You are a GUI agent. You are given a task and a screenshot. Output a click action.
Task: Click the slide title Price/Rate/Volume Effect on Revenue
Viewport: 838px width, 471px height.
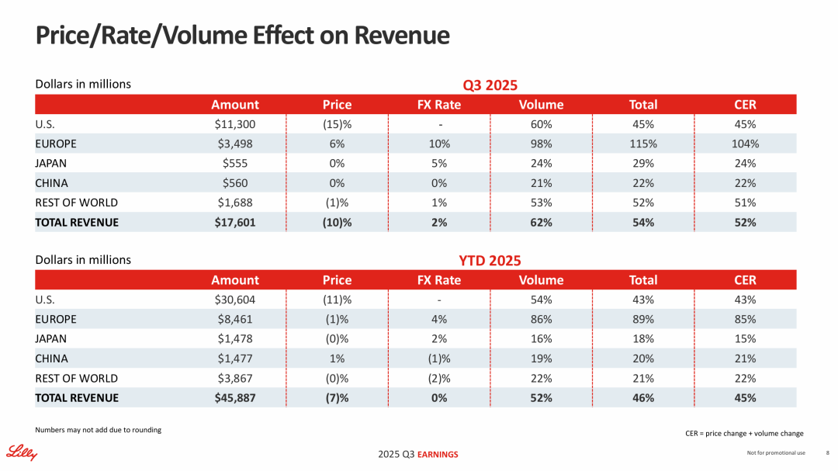(x=243, y=36)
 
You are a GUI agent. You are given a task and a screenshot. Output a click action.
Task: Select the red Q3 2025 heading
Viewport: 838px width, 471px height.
(x=490, y=85)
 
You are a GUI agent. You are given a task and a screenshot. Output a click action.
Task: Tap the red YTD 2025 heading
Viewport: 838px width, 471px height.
(x=490, y=261)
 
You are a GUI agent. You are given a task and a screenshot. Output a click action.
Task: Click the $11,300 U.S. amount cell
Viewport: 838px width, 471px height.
(x=234, y=124)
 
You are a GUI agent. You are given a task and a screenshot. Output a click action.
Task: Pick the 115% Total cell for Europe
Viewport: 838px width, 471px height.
(x=642, y=144)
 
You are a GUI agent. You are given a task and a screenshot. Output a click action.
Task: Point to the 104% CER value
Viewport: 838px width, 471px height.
(x=745, y=144)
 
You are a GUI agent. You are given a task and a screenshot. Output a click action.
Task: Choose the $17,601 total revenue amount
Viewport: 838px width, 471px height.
(x=234, y=222)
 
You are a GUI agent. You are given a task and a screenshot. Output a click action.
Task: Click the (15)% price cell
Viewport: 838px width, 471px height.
(x=337, y=124)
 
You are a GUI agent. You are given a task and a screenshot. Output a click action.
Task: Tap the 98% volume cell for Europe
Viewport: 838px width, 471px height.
(x=541, y=144)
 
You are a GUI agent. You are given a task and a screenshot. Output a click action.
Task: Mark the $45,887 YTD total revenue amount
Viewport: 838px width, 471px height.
(x=234, y=397)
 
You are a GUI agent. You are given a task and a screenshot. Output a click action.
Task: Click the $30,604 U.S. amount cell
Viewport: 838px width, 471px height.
(x=234, y=300)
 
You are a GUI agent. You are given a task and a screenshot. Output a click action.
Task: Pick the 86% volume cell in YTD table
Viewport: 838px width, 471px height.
(x=541, y=319)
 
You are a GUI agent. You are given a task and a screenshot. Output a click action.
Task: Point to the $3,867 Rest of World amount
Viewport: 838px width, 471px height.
(x=234, y=378)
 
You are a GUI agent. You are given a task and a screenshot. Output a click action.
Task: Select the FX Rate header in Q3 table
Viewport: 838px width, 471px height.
(x=439, y=105)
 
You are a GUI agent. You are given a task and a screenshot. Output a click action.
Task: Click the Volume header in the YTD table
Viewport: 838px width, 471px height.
(x=541, y=280)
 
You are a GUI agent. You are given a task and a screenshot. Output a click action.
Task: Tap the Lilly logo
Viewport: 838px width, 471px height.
(x=23, y=452)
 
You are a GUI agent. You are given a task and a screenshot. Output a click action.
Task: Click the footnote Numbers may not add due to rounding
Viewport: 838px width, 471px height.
(x=99, y=430)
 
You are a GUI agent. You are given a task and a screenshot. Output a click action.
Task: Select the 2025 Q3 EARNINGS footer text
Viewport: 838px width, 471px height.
(x=418, y=454)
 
